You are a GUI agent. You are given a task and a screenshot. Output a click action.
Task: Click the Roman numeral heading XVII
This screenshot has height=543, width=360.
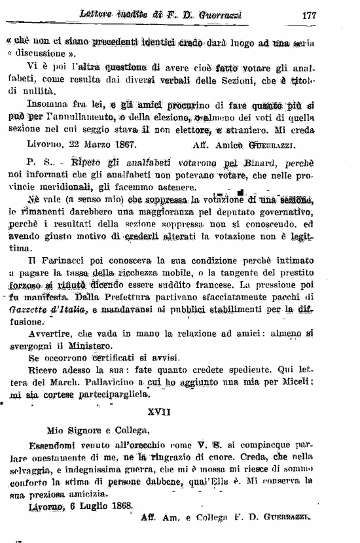tap(179, 412)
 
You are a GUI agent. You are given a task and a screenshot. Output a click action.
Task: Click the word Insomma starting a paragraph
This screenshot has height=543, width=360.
tap(46, 103)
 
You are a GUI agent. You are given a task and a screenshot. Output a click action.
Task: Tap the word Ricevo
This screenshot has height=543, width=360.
tap(43, 371)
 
